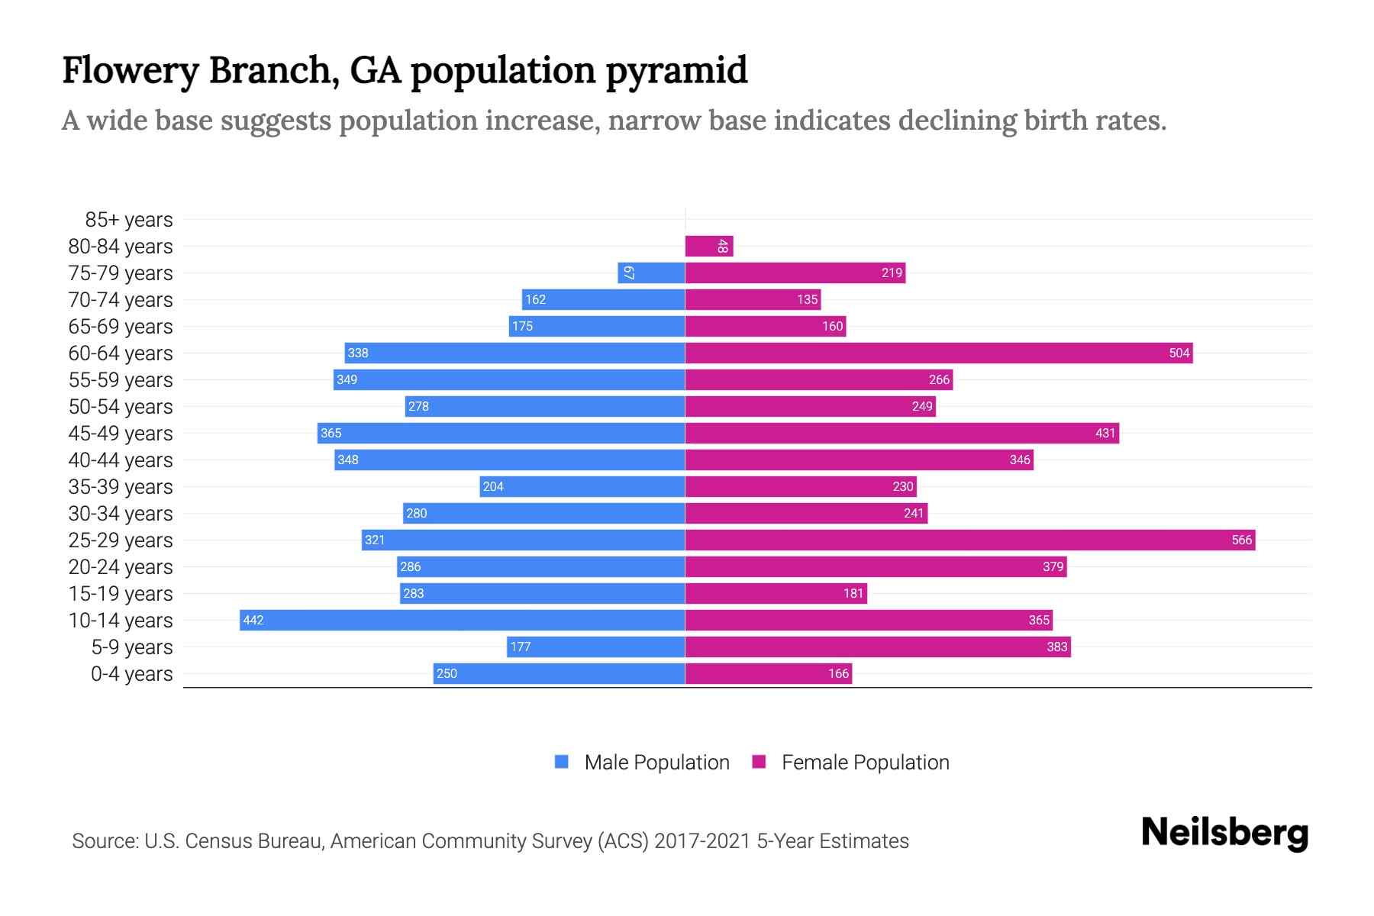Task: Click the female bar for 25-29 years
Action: click(969, 540)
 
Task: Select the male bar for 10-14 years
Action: click(462, 620)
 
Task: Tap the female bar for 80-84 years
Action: click(709, 246)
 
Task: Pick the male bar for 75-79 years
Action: click(651, 273)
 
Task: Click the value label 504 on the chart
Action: click(1179, 353)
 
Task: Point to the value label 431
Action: click(1105, 433)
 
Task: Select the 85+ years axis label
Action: click(128, 220)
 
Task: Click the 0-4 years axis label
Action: click(131, 674)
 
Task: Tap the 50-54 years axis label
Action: click(121, 407)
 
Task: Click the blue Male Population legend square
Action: click(562, 762)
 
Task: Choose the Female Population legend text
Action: click(865, 763)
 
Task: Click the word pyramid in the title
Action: click(676, 71)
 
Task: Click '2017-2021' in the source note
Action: click(702, 841)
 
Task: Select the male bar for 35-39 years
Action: click(582, 486)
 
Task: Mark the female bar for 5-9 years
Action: click(878, 647)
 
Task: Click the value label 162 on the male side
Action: click(535, 299)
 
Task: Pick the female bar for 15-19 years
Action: click(776, 593)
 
